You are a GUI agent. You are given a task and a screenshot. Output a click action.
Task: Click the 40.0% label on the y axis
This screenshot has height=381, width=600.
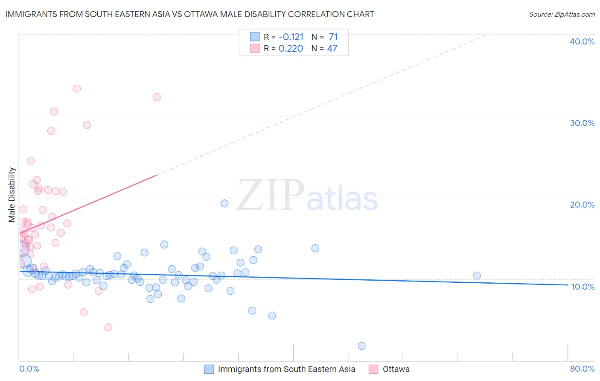582,41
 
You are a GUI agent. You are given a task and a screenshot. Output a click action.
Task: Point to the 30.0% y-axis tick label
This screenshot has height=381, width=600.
582,123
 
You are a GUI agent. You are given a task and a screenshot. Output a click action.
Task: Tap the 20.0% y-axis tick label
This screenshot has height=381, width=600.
582,205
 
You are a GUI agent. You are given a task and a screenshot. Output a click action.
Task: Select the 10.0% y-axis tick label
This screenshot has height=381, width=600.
583,287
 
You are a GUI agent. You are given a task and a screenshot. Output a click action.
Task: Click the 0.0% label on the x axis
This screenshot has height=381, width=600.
29,369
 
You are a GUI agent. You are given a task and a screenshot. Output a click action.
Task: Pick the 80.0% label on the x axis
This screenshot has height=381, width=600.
582,369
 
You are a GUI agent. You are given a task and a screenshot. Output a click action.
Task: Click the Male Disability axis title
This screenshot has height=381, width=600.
12,194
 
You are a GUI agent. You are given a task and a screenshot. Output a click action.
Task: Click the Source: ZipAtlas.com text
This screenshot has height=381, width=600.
562,14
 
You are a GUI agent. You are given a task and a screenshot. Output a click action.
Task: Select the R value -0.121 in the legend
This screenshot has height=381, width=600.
291,37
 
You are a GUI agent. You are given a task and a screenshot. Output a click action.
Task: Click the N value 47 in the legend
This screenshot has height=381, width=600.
332,48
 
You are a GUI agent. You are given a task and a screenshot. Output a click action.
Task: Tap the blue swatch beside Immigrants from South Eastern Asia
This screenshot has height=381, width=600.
209,369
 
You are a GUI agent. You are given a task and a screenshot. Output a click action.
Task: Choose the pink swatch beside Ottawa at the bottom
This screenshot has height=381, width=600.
374,369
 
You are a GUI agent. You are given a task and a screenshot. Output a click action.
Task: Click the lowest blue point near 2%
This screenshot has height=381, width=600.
361,346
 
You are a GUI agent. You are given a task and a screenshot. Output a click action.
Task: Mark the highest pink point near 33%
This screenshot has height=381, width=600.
77,89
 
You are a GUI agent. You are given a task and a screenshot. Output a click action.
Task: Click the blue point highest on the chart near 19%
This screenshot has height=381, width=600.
224,203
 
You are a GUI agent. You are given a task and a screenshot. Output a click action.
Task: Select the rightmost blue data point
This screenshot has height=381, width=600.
477,275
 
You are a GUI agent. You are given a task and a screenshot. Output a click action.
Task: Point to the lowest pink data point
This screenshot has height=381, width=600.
108,327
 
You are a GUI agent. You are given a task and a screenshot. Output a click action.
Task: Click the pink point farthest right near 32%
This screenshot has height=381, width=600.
157,97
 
